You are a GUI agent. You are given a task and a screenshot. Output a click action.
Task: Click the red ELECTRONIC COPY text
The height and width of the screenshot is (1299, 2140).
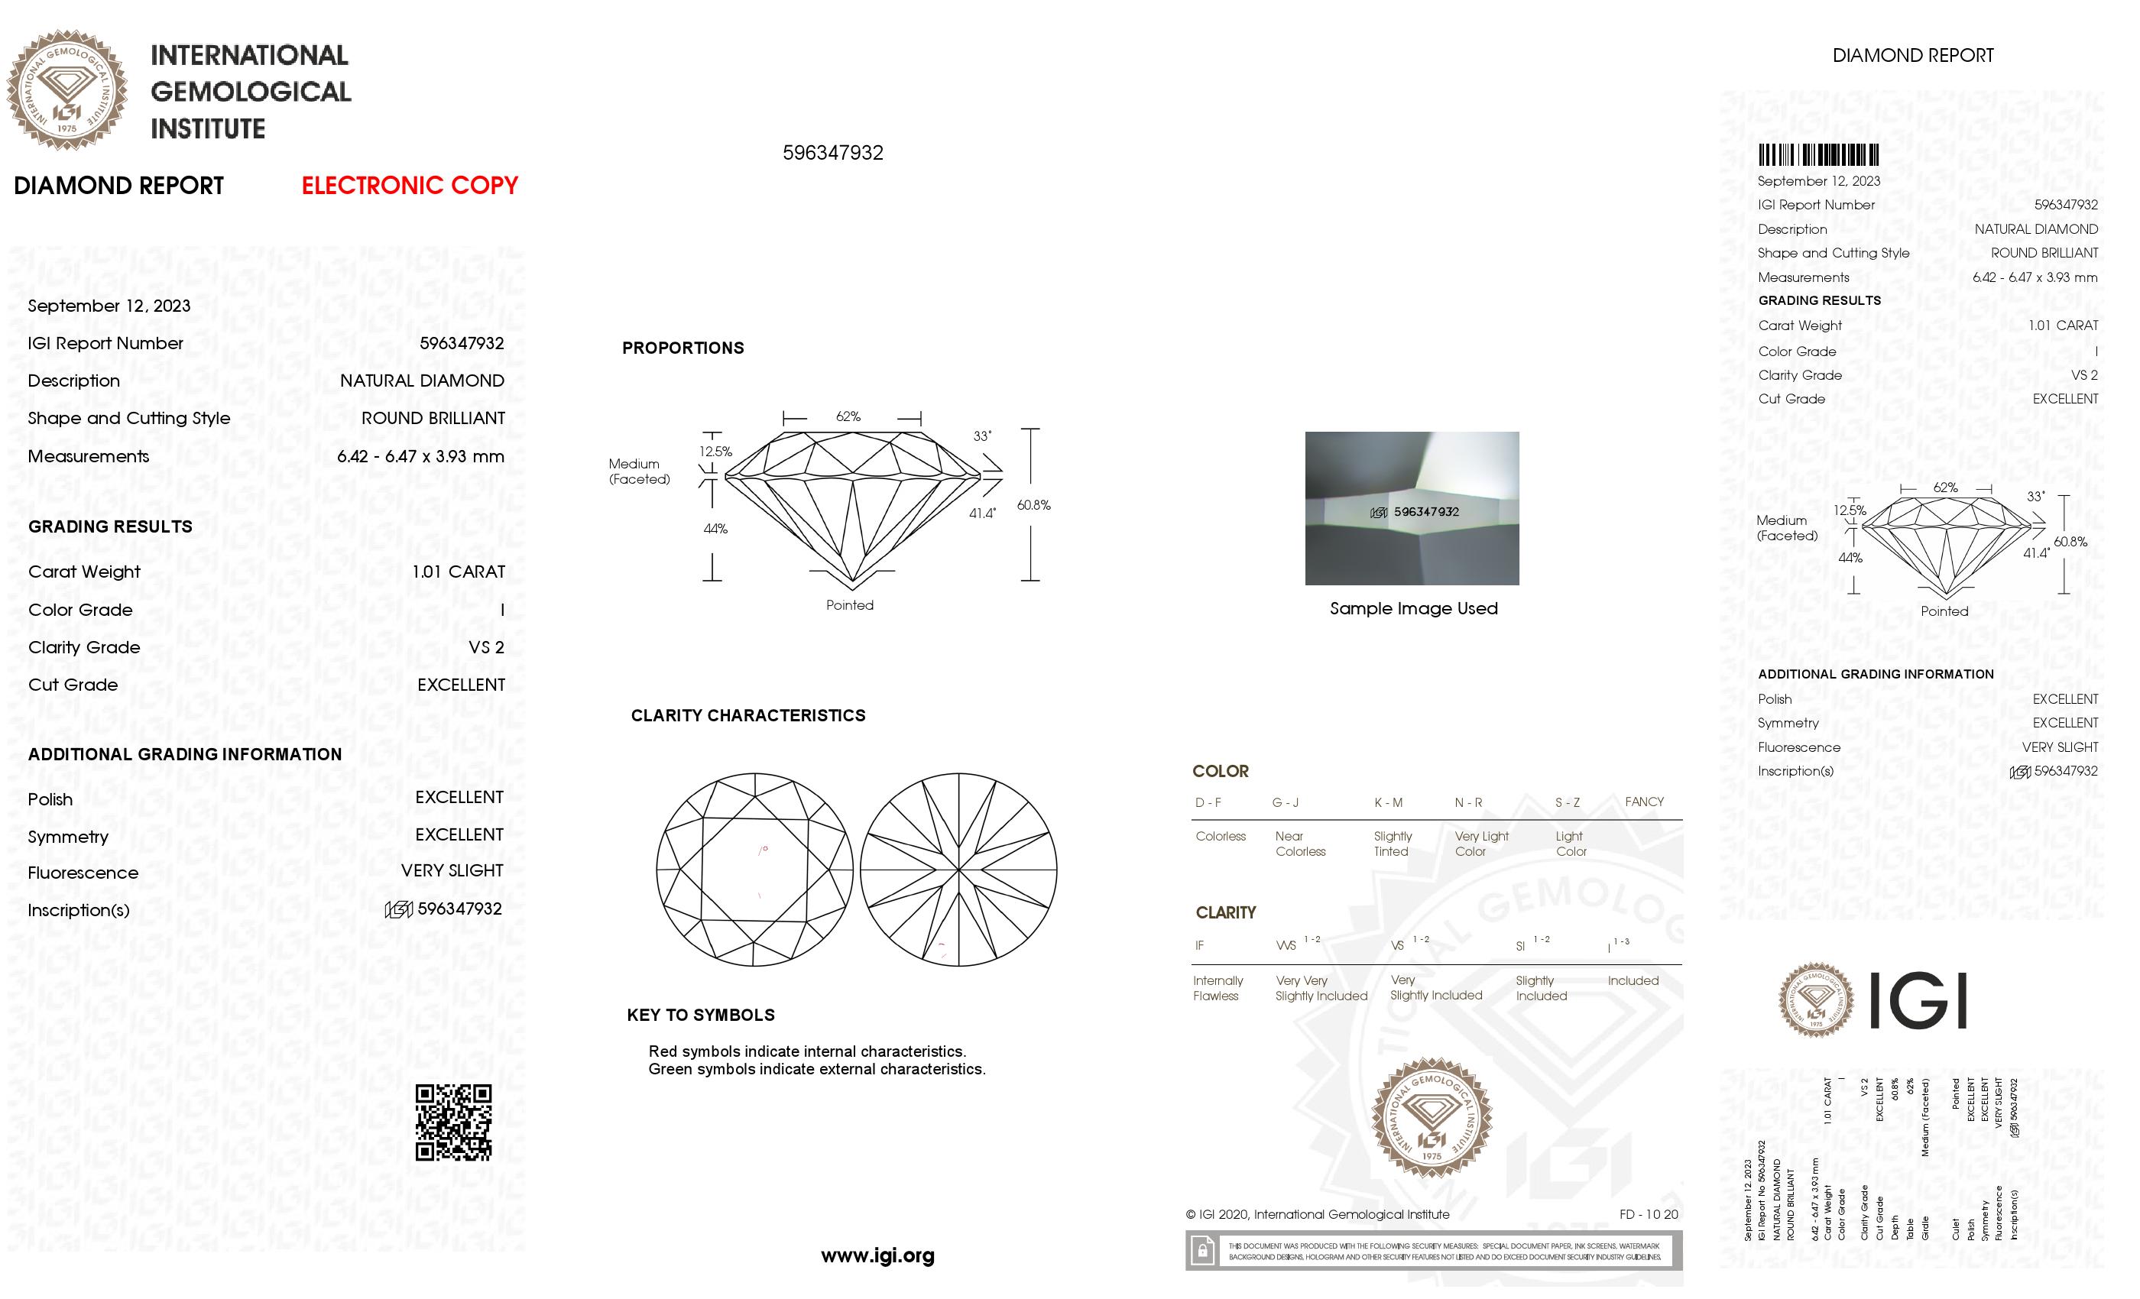pos(409,186)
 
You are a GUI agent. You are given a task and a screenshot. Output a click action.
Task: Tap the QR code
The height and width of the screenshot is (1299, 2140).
pos(453,1122)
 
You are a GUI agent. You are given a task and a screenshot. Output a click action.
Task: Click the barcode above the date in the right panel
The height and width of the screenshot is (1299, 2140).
pos(1819,155)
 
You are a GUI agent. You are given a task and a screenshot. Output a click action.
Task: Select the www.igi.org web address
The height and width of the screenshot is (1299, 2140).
pos(877,1255)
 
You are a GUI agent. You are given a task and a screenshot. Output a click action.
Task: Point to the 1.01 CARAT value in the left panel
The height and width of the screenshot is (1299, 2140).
pos(458,572)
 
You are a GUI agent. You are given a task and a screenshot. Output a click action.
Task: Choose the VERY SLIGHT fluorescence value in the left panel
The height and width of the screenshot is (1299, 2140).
pos(452,871)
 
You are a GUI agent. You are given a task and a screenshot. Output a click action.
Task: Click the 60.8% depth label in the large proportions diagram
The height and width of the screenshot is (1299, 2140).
pos(1033,505)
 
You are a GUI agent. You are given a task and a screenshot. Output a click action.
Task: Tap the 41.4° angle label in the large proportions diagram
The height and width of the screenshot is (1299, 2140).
pos(982,513)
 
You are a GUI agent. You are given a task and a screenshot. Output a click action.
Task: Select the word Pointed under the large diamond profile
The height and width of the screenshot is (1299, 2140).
pos(849,605)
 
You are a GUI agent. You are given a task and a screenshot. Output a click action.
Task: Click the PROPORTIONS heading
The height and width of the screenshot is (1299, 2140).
pos(683,348)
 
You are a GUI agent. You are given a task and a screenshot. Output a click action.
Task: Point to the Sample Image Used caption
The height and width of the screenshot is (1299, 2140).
pos(1413,609)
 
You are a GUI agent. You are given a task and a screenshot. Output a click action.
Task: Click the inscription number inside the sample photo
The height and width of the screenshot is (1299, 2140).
pos(1426,512)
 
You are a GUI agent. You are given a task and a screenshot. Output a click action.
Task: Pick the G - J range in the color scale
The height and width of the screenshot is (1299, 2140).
pos(1286,802)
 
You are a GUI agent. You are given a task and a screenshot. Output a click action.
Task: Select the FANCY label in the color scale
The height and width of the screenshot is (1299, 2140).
pos(1644,802)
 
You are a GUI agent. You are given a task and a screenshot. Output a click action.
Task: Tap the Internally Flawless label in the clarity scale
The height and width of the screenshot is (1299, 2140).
pos(1218,988)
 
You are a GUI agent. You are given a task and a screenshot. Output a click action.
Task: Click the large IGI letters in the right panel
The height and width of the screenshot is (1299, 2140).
pos(1917,1000)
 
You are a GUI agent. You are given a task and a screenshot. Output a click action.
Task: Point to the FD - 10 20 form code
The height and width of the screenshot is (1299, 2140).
pos(1649,1215)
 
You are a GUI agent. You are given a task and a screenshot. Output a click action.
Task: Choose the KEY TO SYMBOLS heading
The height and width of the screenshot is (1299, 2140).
pos(700,1015)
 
